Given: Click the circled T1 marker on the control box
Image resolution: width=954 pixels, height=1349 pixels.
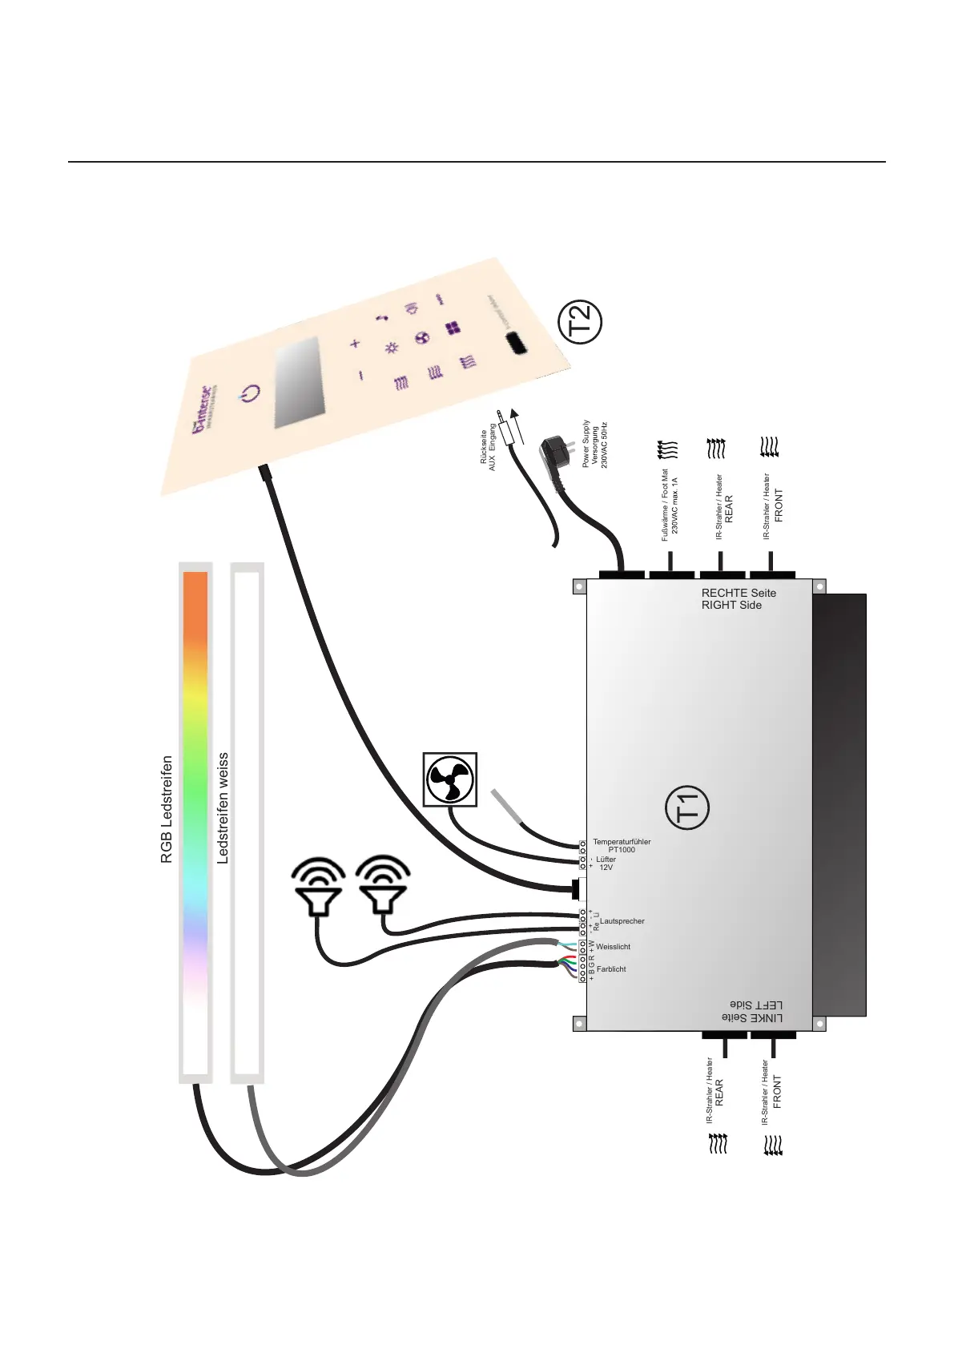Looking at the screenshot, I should pos(687,807).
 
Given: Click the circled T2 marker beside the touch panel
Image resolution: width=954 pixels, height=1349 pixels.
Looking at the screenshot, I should pos(579,322).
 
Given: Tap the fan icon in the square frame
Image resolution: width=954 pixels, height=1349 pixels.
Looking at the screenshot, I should pos(450,779).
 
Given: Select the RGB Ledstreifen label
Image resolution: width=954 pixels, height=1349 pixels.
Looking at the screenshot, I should pos(167,809).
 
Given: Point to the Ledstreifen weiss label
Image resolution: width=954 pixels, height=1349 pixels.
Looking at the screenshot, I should pos(223,807).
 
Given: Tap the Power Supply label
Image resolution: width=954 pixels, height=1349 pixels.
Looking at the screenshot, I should pos(586,444).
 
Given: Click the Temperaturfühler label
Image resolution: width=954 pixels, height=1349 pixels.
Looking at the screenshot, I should pos(622,842).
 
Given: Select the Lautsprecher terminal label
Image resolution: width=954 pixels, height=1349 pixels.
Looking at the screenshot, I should pos(623,921).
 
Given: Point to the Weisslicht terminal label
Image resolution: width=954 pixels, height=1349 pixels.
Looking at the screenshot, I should pos(613,947).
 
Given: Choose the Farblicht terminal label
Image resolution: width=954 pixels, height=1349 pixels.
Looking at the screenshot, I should pos(611,969).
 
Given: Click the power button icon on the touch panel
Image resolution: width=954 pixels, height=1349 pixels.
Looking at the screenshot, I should pos(251,393).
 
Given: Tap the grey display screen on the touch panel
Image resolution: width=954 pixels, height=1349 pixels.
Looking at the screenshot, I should pos(297,382).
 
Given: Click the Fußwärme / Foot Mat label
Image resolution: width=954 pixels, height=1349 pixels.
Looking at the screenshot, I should pos(665,505).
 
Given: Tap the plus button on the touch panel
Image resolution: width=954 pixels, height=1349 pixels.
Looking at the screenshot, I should pos(356,344).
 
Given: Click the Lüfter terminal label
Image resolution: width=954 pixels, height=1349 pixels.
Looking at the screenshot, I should pos(606,860).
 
